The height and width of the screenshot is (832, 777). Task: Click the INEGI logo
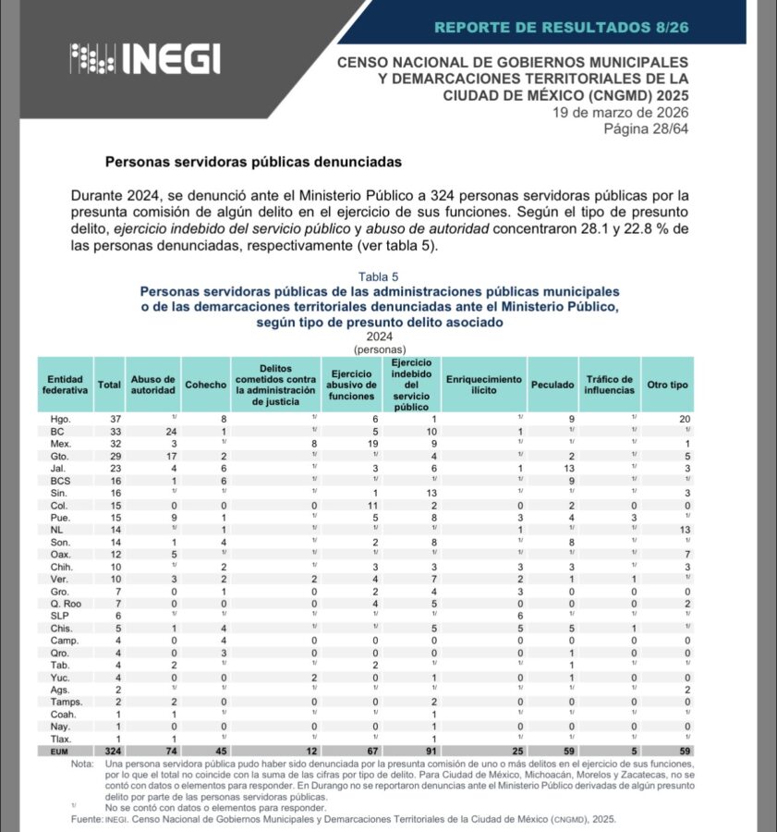pyautogui.click(x=144, y=60)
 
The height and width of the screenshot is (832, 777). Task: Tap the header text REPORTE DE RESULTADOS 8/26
pyautogui.click(x=561, y=27)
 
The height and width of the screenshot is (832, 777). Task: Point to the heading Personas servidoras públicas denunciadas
pyautogui.click(x=253, y=162)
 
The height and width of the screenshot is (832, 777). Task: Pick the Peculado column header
pyautogui.click(x=552, y=385)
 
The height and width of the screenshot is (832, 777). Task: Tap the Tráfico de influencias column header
pyautogui.click(x=608, y=385)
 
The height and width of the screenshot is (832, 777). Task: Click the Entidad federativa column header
pyautogui.click(x=65, y=385)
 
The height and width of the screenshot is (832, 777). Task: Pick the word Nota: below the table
pyautogui.click(x=84, y=765)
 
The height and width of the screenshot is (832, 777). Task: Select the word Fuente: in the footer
pyautogui.click(x=89, y=819)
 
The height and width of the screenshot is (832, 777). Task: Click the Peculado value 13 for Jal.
pyautogui.click(x=546, y=469)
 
